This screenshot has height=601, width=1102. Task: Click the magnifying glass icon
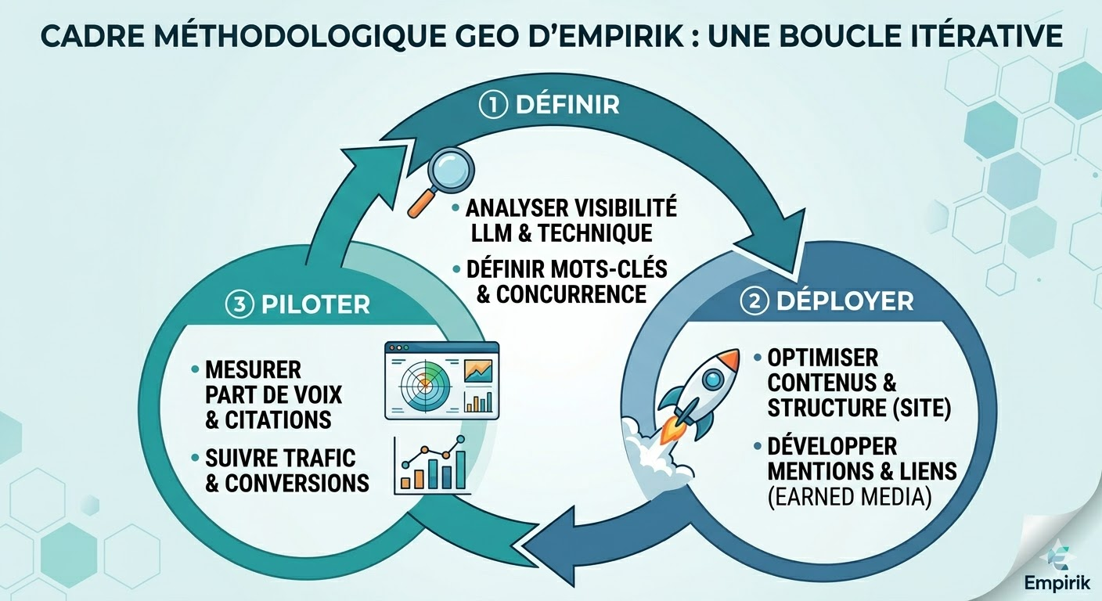tap(441, 182)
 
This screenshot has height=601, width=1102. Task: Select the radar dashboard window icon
tap(441, 380)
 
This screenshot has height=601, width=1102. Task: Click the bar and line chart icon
tap(432, 466)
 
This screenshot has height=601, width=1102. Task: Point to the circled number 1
tap(492, 106)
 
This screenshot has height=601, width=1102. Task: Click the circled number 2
tap(754, 301)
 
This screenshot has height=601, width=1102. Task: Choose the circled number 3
tap(239, 304)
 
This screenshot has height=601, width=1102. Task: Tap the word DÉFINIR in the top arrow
tap(567, 105)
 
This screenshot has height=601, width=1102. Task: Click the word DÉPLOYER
tap(845, 301)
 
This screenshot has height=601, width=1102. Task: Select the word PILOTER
tap(315, 304)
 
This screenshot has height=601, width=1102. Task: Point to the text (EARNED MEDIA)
tap(850, 497)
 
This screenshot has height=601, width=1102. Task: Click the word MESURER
tap(253, 369)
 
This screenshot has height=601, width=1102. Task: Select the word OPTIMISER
tap(823, 358)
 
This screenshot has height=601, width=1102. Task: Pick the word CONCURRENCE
tap(571, 294)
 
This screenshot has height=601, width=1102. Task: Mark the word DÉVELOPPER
tap(832, 446)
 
